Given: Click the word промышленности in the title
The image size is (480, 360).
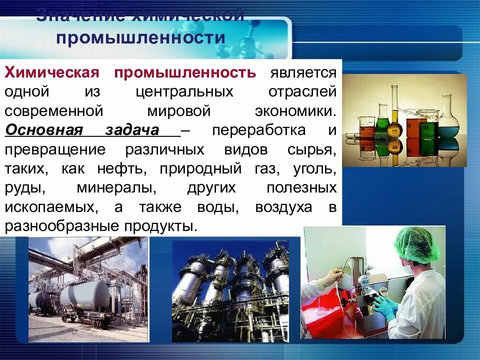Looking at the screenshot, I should pos(140,38).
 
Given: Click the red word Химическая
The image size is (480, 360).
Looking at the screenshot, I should pos(50,73).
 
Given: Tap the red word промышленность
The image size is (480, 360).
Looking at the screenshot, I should pos(185,73).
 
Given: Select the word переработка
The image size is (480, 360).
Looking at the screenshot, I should pos(258,131).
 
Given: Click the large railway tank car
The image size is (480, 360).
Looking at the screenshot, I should pos(85,297).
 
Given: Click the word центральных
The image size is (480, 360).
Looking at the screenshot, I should pos(184,92).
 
